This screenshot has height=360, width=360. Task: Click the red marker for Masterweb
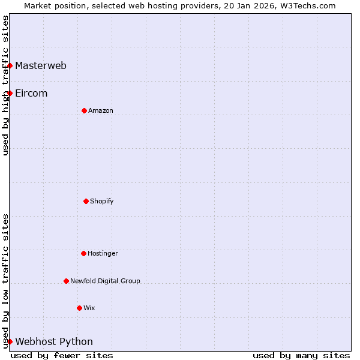tap(10, 65)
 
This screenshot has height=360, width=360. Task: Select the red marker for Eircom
tap(10, 93)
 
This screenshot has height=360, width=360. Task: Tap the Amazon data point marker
tap(84, 110)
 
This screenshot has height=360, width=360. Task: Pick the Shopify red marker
tap(86, 201)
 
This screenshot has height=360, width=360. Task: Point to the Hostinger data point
tap(83, 253)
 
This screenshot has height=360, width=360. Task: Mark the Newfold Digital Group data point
tap(66, 281)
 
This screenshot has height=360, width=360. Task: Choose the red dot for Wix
tap(79, 308)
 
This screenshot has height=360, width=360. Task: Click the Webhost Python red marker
tap(10, 341)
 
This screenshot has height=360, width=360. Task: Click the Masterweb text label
tap(41, 65)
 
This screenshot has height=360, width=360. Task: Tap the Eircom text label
tap(31, 93)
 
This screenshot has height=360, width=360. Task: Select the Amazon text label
tap(101, 110)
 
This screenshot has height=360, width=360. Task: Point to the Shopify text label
tap(102, 201)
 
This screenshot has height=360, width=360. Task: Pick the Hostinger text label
tap(103, 253)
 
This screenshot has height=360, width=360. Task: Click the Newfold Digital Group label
tap(105, 281)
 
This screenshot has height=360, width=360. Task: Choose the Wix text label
tap(89, 308)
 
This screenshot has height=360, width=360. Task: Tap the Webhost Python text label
tap(54, 341)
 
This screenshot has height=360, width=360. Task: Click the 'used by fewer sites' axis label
tap(62, 355)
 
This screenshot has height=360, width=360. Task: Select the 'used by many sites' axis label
tap(301, 355)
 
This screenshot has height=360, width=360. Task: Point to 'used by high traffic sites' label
tap(5, 85)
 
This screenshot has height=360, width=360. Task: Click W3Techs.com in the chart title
tap(307, 5)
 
